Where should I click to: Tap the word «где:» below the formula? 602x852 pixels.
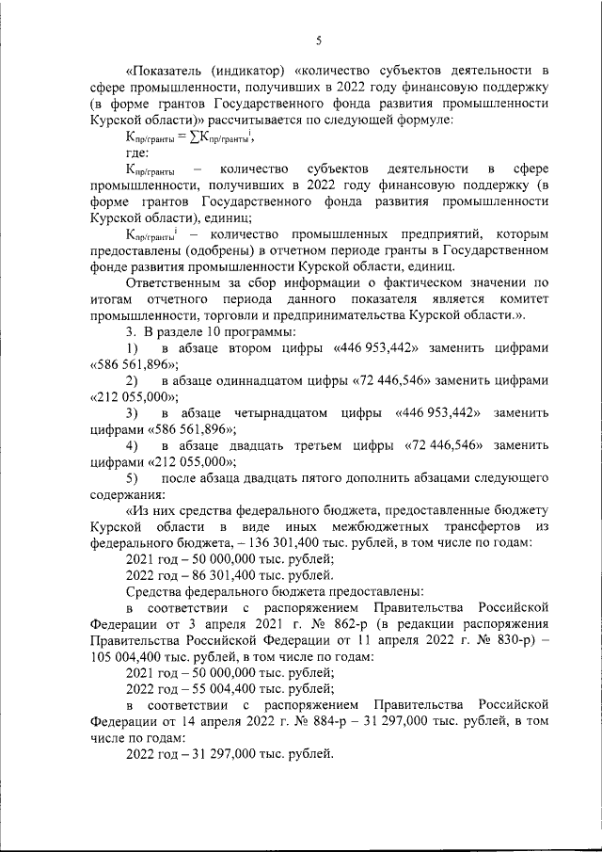pyautogui.click(x=138, y=153)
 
